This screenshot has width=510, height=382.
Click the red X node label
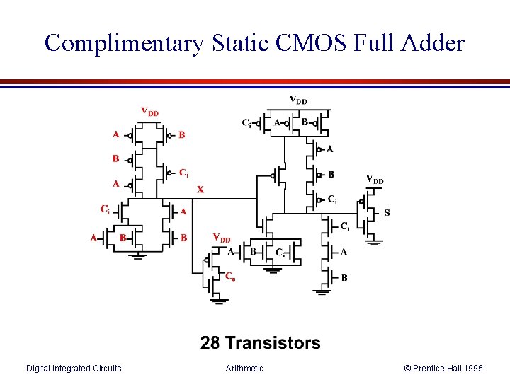[x=200, y=190]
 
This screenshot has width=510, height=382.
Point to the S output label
[x=386, y=212]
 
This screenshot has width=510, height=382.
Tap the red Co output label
[x=230, y=277]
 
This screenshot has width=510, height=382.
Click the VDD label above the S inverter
[x=375, y=180]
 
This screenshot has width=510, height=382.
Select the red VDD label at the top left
[x=149, y=111]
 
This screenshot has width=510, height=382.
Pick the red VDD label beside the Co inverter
[x=222, y=238]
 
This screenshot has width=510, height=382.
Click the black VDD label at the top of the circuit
[x=298, y=100]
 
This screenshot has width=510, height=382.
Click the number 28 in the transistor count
[x=210, y=344]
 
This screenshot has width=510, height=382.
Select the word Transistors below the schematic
[x=272, y=344]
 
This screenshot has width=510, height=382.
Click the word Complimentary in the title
[x=123, y=43]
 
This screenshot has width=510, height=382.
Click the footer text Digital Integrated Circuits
[x=74, y=368]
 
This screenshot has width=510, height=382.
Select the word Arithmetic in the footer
[x=244, y=368]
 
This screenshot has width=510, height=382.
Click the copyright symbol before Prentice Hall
[x=407, y=368]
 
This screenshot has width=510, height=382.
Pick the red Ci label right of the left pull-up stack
[x=183, y=172]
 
